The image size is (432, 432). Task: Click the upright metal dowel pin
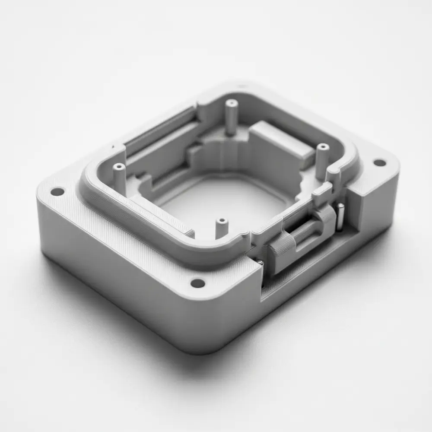click(x=340, y=215)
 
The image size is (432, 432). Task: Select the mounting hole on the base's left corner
click(x=57, y=191)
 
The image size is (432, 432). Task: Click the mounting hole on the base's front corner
click(x=198, y=283)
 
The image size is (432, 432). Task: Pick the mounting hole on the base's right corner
click(x=379, y=163)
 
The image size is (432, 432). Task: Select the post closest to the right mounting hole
click(x=322, y=160)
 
